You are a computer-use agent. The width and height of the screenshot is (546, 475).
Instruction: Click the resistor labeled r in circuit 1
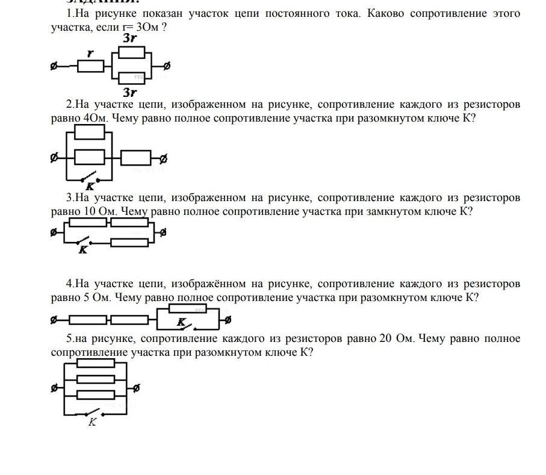pyautogui.click(x=91, y=66)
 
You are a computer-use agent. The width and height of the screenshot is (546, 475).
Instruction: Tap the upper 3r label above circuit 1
pyautogui.click(x=129, y=39)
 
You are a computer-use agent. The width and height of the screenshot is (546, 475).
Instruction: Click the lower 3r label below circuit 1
pyautogui.click(x=129, y=92)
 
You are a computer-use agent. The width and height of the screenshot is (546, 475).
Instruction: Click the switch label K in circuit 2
pyautogui.click(x=90, y=187)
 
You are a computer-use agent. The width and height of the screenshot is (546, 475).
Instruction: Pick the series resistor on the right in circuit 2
pyautogui.click(x=135, y=158)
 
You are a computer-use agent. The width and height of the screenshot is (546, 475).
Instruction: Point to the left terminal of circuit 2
pyautogui.click(x=55, y=158)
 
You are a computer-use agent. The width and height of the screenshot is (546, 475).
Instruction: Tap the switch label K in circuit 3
pyautogui.click(x=84, y=249)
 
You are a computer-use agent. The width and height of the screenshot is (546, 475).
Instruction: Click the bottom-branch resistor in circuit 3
pyautogui.click(x=130, y=242)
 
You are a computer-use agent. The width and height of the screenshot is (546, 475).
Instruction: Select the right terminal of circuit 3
pyautogui.click(x=163, y=232)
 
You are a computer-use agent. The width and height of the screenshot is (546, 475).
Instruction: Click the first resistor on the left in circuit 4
pyautogui.click(x=88, y=320)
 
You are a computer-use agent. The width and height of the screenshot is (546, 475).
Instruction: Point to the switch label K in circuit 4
pyautogui.click(x=181, y=323)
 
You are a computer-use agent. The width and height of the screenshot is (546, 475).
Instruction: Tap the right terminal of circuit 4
pyautogui.click(x=228, y=320)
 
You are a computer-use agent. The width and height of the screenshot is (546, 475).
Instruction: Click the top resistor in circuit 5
pyautogui.click(x=96, y=363)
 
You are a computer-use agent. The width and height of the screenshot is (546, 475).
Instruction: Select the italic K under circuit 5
pyautogui.click(x=92, y=422)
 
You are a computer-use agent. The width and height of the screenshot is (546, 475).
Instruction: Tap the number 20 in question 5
pyautogui.click(x=385, y=338)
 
